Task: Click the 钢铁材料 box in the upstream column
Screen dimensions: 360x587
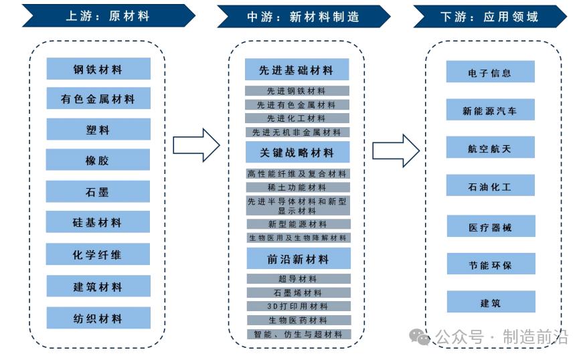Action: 98,68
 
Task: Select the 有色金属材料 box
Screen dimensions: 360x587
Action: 98,99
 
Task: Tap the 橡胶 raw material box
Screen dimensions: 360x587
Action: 98,161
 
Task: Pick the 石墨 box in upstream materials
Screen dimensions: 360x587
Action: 98,191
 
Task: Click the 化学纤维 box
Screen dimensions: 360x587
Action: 98,255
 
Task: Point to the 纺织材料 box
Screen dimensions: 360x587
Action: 98,319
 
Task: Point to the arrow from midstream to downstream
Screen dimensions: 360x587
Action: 396,150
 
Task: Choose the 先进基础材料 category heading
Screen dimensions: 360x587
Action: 297,70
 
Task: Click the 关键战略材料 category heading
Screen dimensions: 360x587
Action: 297,153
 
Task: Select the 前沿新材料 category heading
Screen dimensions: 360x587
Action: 297,258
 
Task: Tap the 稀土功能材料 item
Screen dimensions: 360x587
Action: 297,187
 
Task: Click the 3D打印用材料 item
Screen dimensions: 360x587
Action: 297,306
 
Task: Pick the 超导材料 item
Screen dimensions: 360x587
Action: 297,278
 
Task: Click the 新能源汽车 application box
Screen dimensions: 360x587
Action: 490,110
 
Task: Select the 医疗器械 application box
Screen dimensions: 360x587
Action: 490,228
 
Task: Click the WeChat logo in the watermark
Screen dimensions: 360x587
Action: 420,337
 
